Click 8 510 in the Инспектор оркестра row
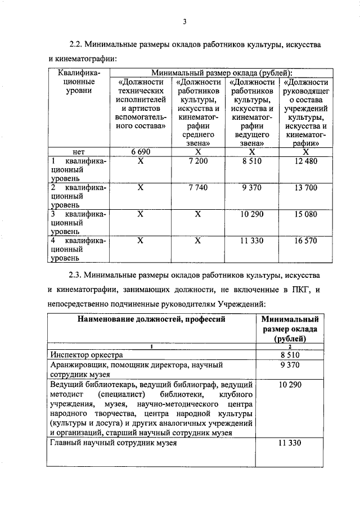click(291, 355)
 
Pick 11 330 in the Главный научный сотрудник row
click(291, 443)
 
